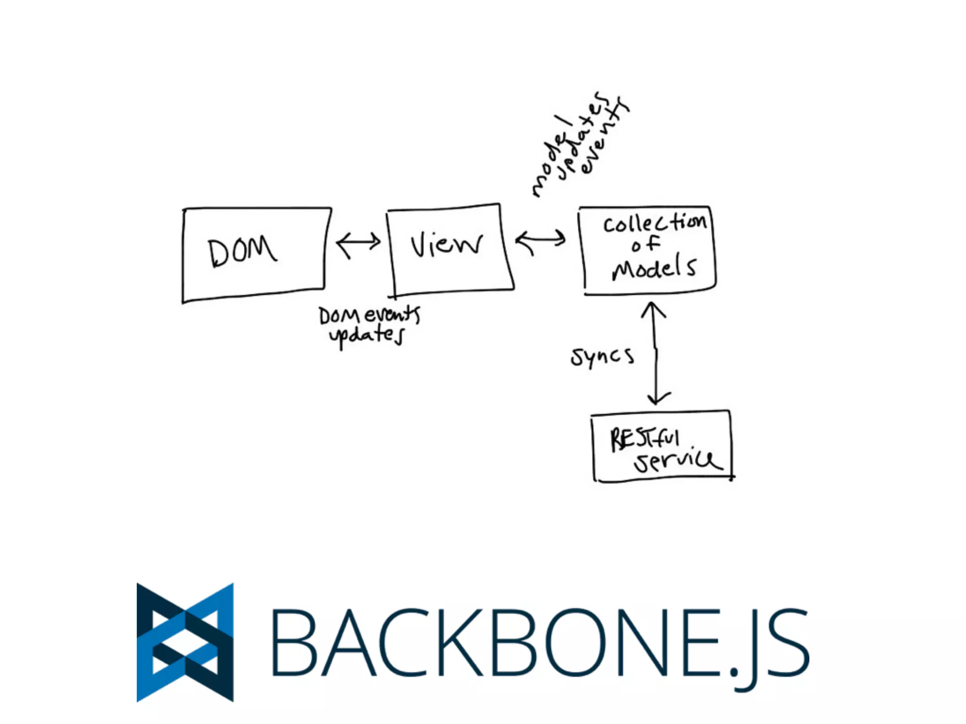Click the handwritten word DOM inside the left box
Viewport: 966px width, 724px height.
click(x=242, y=252)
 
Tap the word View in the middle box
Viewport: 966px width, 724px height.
click(x=446, y=245)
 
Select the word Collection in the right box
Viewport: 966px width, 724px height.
click(x=655, y=223)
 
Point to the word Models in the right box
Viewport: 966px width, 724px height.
click(x=654, y=268)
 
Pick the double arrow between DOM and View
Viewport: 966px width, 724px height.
click(x=358, y=243)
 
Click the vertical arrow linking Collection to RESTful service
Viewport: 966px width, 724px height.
click(x=655, y=354)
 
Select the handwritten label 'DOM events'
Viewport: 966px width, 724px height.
click(x=369, y=315)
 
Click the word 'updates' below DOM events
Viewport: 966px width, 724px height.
click(x=367, y=336)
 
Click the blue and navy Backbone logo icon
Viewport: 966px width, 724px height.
click(x=185, y=642)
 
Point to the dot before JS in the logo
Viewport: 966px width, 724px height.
click(x=734, y=671)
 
